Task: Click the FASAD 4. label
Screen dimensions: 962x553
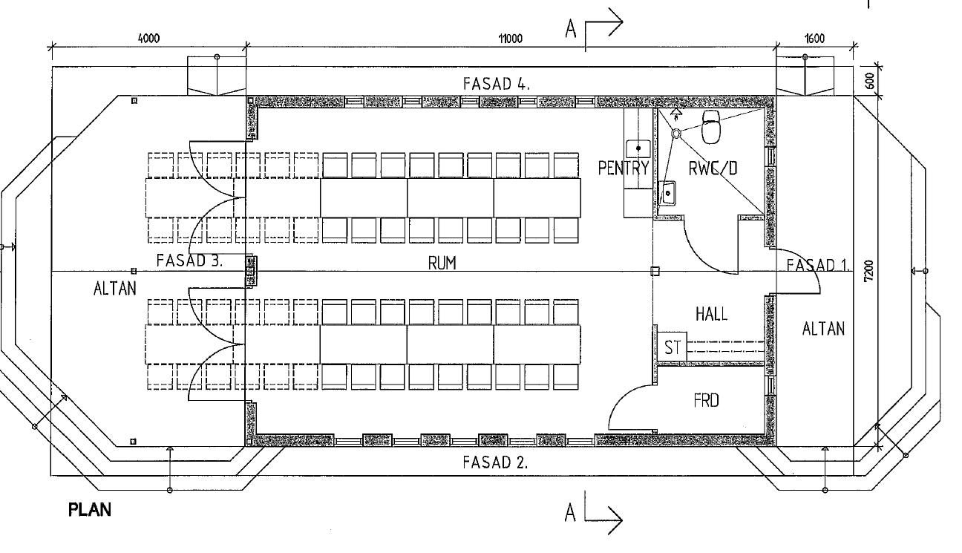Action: tap(496, 83)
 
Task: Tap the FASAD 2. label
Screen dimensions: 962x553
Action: tap(495, 462)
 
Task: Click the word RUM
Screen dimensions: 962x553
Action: tap(442, 263)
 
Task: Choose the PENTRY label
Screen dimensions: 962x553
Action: tap(624, 168)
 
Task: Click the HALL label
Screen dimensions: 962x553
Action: tap(711, 314)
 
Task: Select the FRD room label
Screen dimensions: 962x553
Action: tap(705, 401)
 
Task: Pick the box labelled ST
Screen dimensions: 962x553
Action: tap(673, 347)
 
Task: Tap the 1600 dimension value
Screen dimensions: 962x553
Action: tap(814, 39)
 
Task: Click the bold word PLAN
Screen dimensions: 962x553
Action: tap(90, 511)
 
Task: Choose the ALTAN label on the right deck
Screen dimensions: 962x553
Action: tap(823, 328)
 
